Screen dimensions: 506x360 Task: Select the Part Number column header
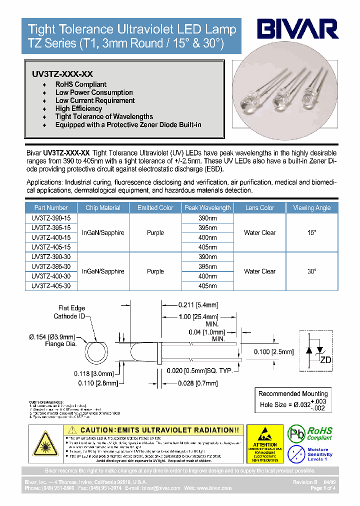click(x=51, y=207)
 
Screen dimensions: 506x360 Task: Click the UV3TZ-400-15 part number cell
click(x=51, y=237)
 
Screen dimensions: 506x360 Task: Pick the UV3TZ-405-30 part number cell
click(x=51, y=286)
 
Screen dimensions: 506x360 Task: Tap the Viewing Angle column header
click(x=312, y=207)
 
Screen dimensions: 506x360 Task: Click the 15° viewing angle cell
click(x=312, y=232)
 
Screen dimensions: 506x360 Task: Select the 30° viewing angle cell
click(x=312, y=271)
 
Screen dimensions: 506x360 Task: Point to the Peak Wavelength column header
click(x=207, y=207)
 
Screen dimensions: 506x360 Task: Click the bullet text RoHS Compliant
click(x=80, y=84)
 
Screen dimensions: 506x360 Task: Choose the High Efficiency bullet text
click(x=78, y=108)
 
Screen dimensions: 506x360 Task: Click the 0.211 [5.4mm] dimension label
click(x=198, y=305)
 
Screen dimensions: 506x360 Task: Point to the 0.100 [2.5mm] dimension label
click(x=273, y=352)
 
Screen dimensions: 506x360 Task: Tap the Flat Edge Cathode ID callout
click(x=69, y=312)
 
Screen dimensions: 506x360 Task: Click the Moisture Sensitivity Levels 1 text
click(x=317, y=454)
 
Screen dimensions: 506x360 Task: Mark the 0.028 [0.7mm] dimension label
click(x=198, y=383)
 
